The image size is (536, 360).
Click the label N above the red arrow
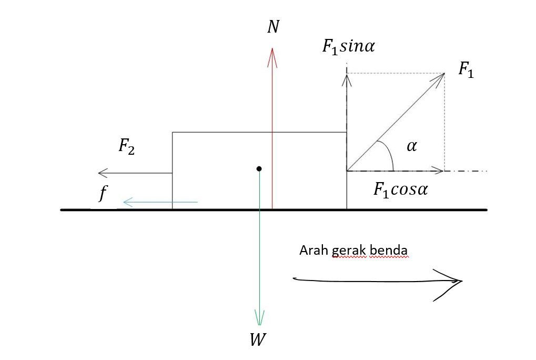tap(272, 27)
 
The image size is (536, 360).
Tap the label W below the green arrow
tap(257, 340)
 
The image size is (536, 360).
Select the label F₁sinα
tap(348, 46)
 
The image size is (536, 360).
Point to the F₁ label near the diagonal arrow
tap(466, 69)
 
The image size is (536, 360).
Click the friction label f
tap(103, 195)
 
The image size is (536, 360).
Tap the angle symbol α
tap(411, 146)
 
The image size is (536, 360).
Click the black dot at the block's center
tap(259, 168)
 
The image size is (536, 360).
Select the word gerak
tap(349, 251)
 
